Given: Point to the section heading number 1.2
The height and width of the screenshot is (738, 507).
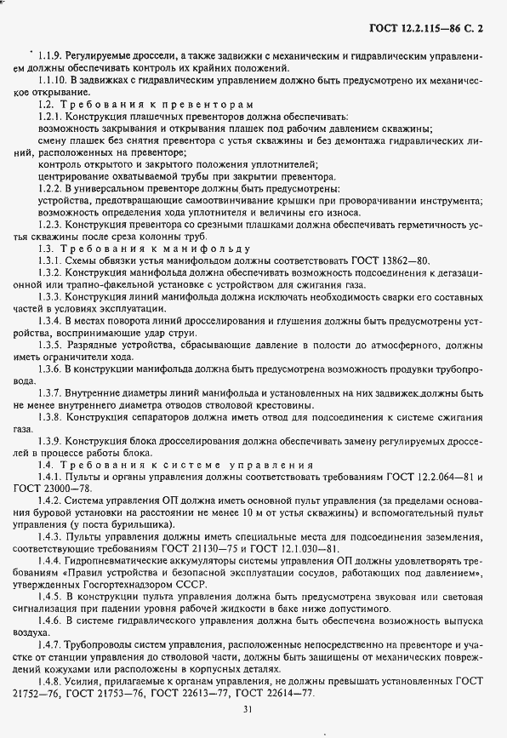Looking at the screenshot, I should click(x=46, y=103).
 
